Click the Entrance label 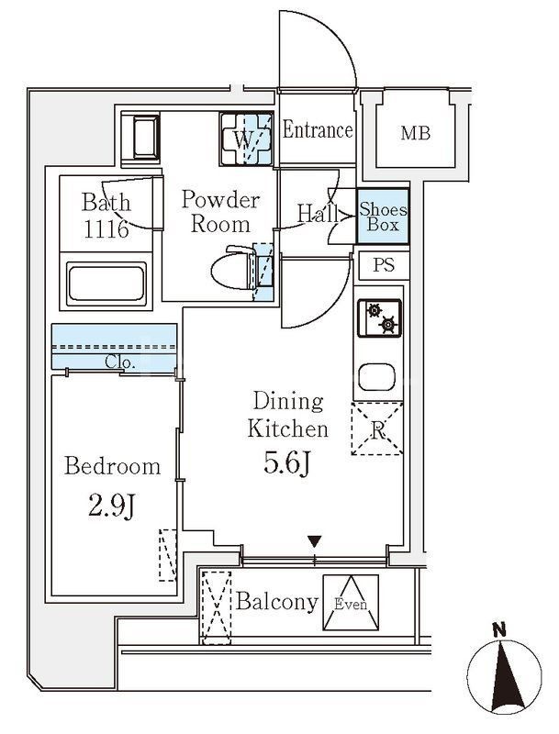[317, 130]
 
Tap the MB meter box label [414, 134]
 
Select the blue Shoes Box [377, 217]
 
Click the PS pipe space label [384, 266]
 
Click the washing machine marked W [245, 140]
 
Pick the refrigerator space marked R [378, 428]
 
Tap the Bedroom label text [112, 466]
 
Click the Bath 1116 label [106, 216]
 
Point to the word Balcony [277, 603]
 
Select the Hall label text [316, 214]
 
